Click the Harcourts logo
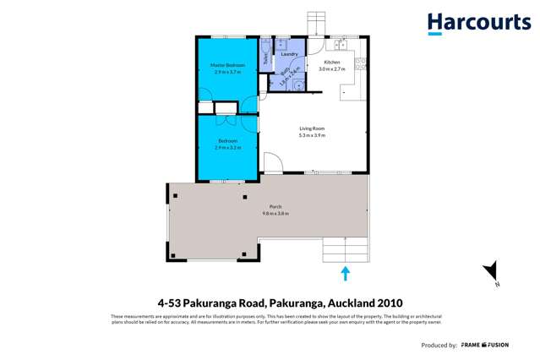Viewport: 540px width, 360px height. pos(478,23)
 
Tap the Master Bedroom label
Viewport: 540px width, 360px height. pos(227,65)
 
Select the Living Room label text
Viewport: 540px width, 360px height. pos(312,128)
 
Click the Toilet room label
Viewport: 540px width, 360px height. pos(265,58)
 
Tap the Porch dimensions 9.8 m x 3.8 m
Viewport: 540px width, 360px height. pos(275,213)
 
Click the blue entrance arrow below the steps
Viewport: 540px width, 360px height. pos(345,273)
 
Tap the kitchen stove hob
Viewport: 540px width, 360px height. pos(361,63)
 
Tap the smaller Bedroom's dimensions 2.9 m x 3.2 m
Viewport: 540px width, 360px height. pos(227,147)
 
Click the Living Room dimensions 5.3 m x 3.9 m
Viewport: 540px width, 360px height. pos(312,134)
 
